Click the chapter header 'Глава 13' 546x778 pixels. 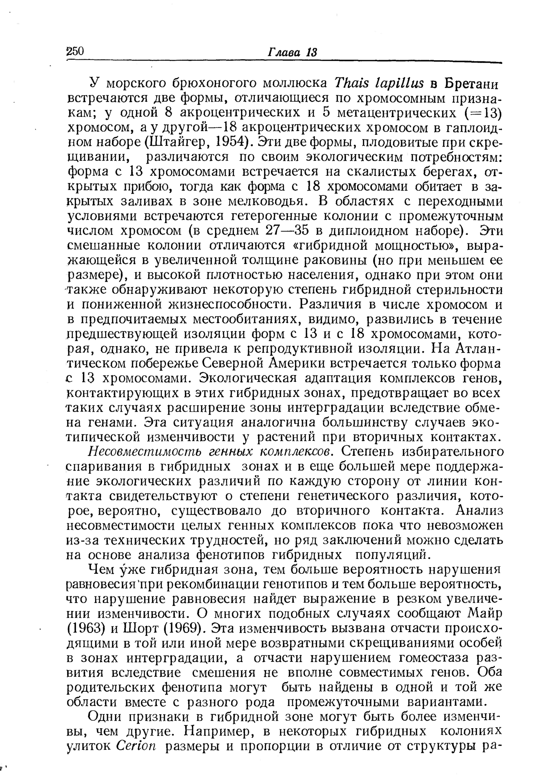point(292,52)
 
